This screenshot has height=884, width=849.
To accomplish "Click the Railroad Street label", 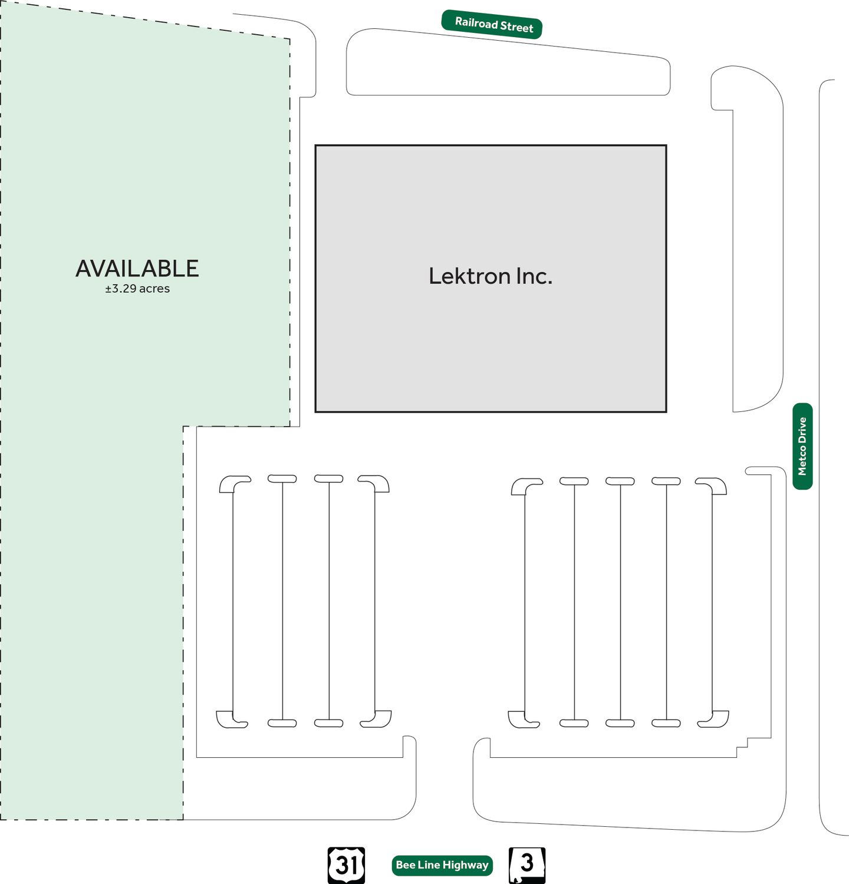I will point(492,25).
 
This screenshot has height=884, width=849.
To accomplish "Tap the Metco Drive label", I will point(802,446).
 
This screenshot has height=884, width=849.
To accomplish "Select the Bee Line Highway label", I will point(442,865).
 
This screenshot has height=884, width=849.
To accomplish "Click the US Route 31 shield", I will point(346,865).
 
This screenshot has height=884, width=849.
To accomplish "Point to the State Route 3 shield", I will point(526,865).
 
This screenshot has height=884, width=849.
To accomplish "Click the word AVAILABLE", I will point(137,269).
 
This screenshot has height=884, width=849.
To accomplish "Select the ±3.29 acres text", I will point(137,289).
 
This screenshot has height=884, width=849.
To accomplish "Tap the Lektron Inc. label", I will point(491,276).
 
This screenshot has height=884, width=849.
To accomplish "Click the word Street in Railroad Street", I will point(516,27).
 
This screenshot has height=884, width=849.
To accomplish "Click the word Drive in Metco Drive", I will point(802,430).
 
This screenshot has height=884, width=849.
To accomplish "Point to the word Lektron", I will point(469,276).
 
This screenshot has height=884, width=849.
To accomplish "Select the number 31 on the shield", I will point(346,865).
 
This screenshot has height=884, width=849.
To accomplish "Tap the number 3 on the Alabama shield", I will point(527,863).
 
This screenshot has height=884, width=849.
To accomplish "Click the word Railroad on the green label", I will point(476,23).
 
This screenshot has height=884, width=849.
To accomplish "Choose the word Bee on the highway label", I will point(405,865).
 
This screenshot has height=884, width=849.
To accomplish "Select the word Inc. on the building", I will point(534,276).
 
